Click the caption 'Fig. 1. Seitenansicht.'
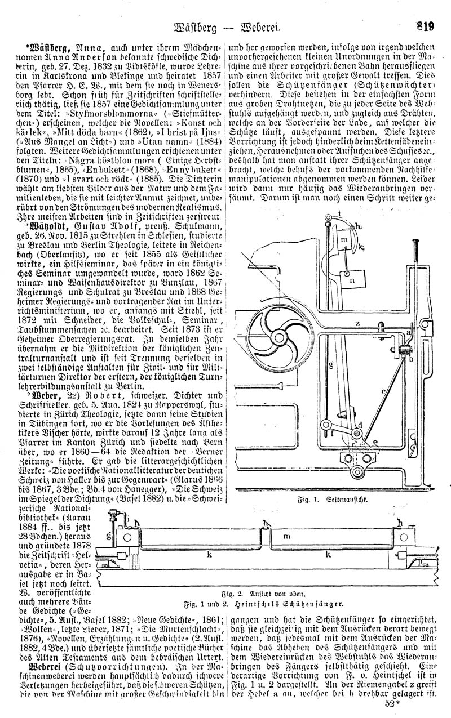(x=333, y=500)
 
